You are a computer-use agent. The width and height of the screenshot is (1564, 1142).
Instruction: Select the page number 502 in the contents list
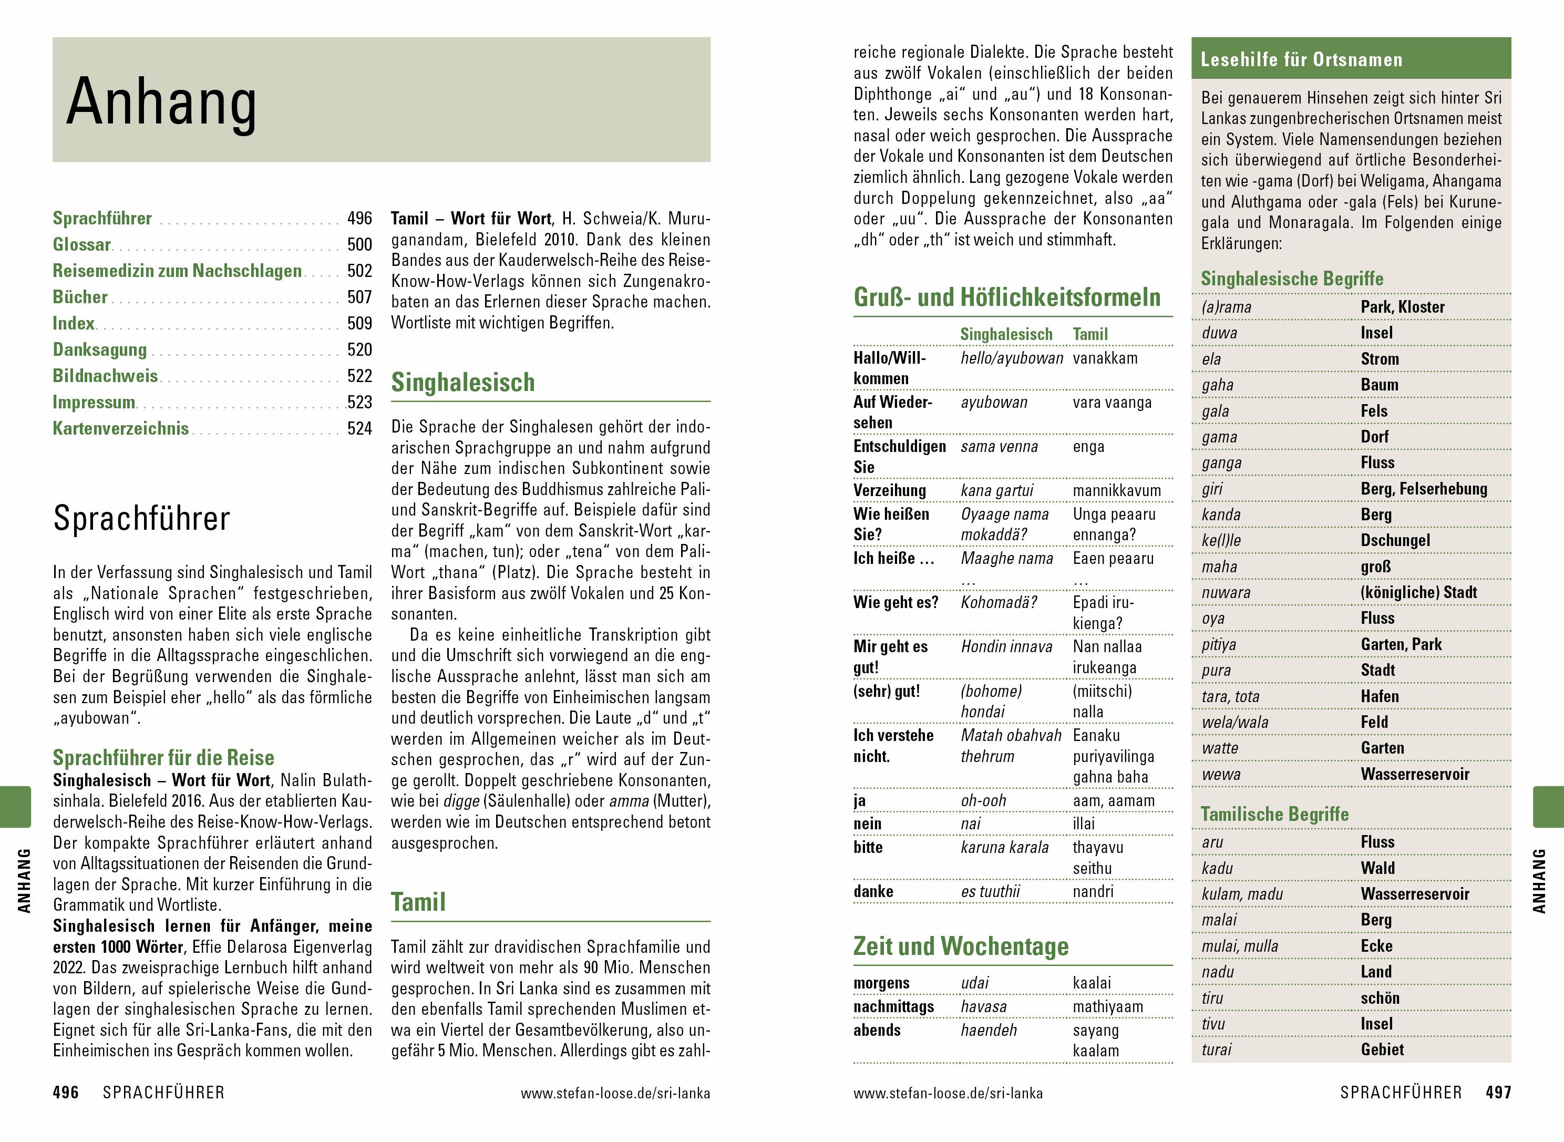pyautogui.click(x=359, y=271)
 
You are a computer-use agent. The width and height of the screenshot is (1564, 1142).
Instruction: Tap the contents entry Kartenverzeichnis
pyautogui.click(x=121, y=429)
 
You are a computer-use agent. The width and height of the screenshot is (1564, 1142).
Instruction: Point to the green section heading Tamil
pyautogui.click(x=418, y=902)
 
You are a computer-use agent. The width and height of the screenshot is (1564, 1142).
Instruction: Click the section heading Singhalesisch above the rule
pyautogui.click(x=462, y=382)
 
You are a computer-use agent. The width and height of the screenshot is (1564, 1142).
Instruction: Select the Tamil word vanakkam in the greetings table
pyautogui.click(x=1104, y=358)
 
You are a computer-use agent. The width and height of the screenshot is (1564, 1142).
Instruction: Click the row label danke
pyautogui.click(x=873, y=892)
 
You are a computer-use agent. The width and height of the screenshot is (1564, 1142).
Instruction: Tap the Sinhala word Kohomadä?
pyautogui.click(x=999, y=603)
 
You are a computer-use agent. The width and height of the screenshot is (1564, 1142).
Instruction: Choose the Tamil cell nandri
pyautogui.click(x=1093, y=892)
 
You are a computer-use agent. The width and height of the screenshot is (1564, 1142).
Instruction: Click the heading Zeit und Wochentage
pyautogui.click(x=961, y=945)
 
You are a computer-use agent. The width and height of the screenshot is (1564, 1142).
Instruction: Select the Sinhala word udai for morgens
pyautogui.click(x=974, y=983)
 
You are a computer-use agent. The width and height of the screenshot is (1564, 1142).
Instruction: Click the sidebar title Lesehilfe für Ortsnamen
pyautogui.click(x=1301, y=59)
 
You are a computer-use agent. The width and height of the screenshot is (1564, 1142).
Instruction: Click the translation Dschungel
pyautogui.click(x=1395, y=541)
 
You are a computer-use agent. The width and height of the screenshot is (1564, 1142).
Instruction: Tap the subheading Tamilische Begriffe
pyautogui.click(x=1274, y=815)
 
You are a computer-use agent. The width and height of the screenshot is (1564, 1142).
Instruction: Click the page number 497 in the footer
pyautogui.click(x=1498, y=1093)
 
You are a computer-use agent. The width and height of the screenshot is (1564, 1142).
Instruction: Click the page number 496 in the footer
pyautogui.click(x=66, y=1093)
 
